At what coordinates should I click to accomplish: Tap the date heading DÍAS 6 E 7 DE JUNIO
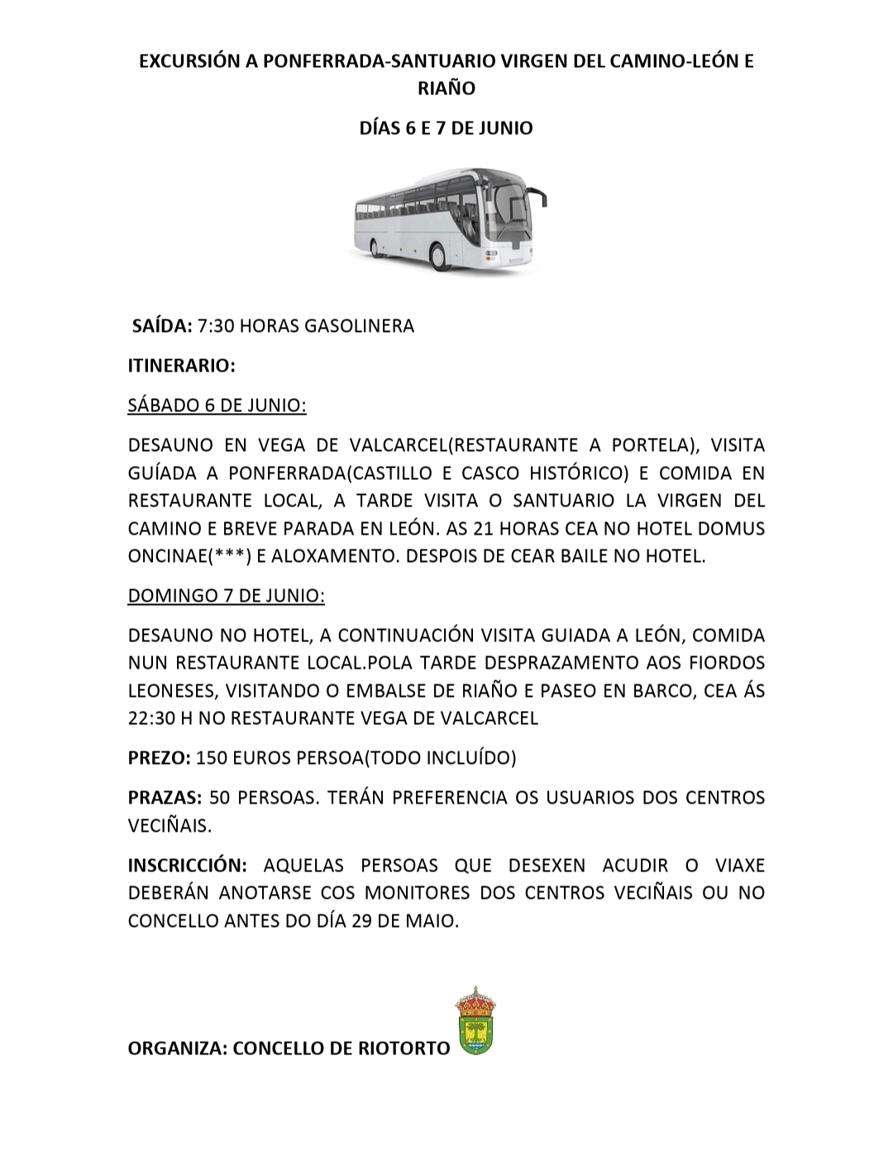(446, 127)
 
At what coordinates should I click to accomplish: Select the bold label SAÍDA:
(162, 325)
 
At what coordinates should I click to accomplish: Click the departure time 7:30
(216, 325)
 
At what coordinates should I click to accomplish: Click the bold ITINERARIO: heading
(182, 365)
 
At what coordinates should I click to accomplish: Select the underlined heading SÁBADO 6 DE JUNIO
(217, 406)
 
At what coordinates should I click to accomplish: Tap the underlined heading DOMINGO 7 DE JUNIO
(226, 596)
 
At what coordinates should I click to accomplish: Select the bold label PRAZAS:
(165, 798)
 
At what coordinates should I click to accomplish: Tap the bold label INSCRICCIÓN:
(188, 866)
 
